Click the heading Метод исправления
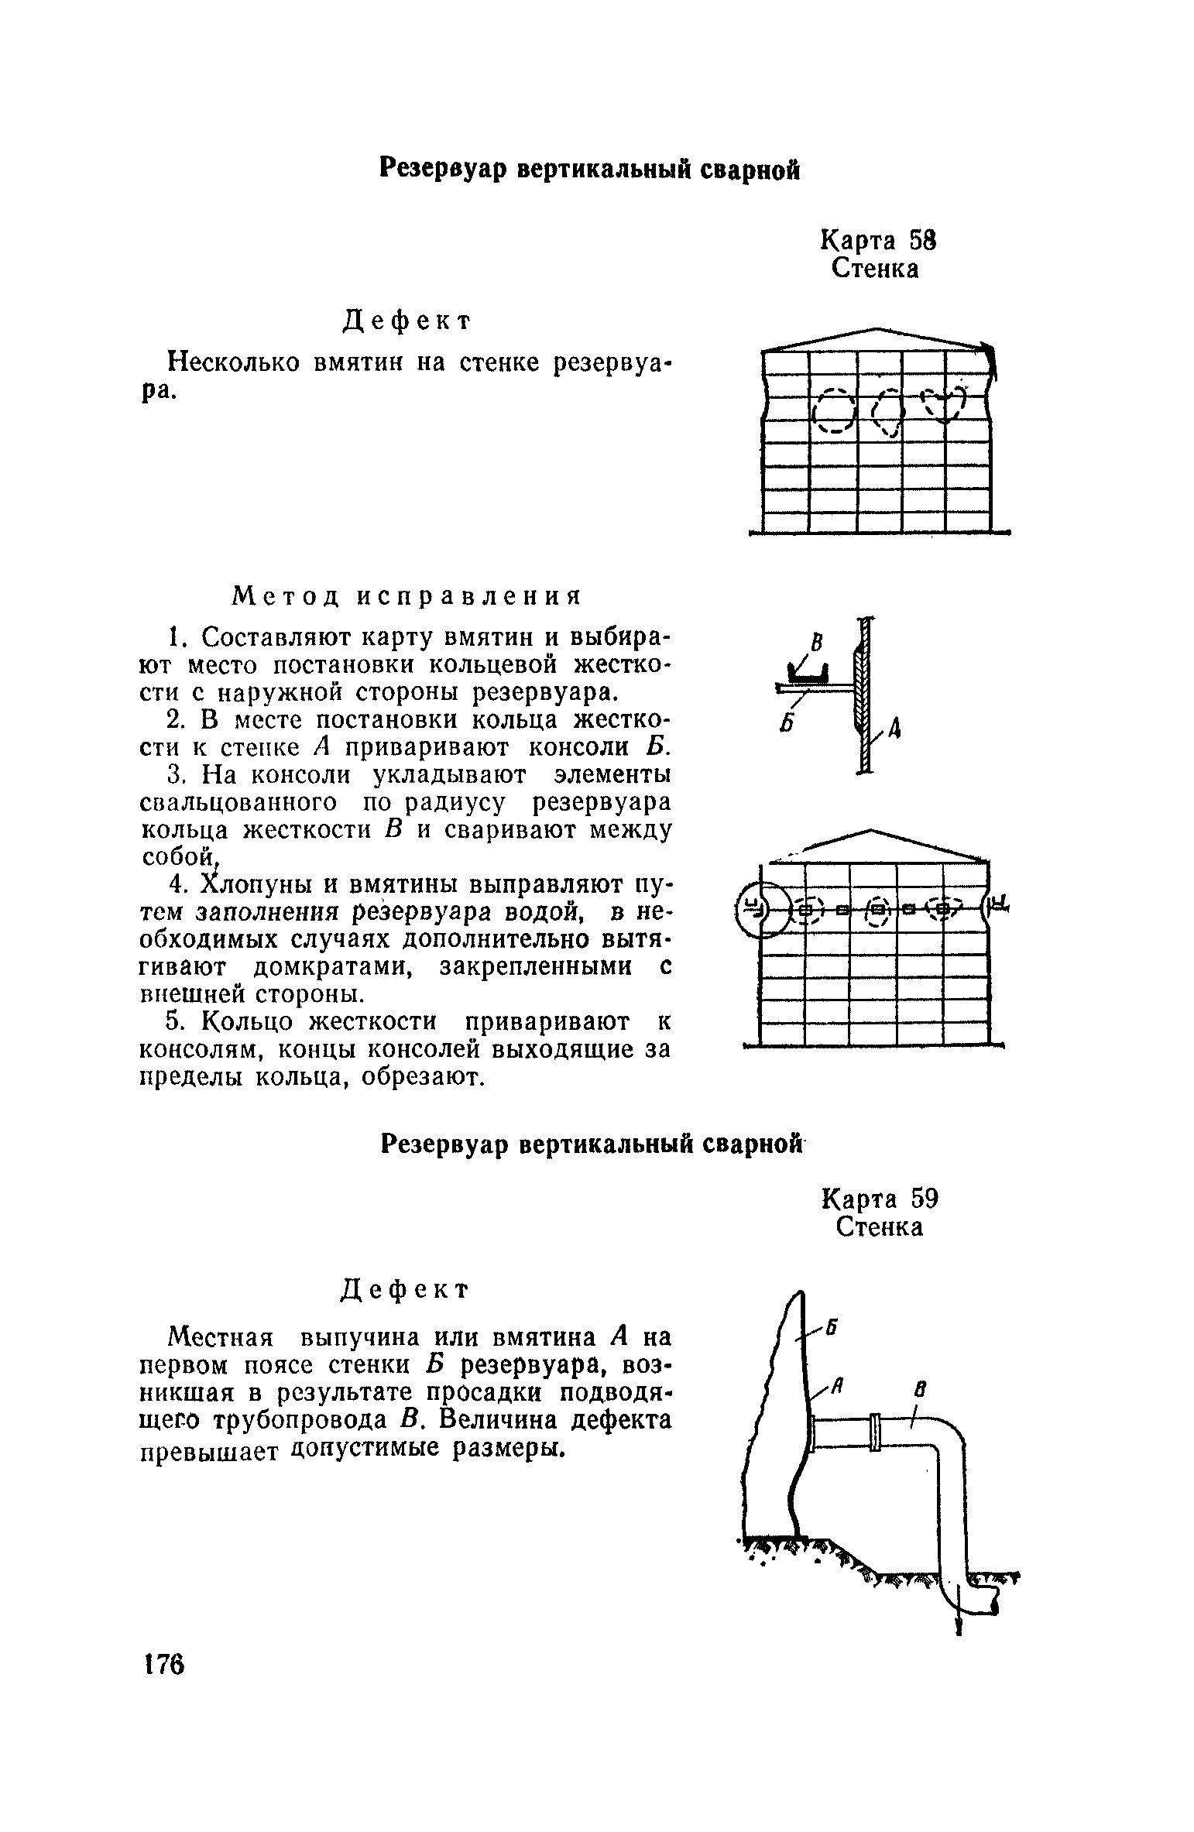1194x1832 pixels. [x=406, y=596]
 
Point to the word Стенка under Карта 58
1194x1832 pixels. [x=876, y=269]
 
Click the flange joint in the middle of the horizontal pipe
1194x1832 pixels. [x=876, y=1432]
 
